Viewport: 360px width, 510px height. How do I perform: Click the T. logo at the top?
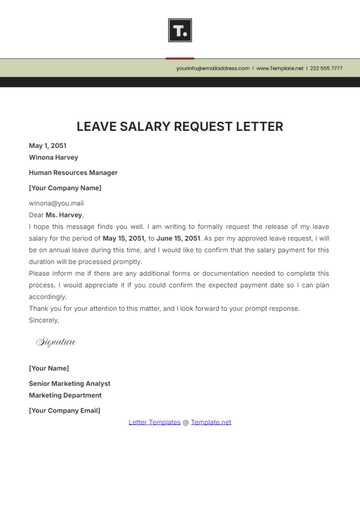click(x=180, y=31)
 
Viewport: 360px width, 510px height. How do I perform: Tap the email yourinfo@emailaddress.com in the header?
click(x=213, y=68)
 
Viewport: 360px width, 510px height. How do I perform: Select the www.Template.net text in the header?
click(x=280, y=68)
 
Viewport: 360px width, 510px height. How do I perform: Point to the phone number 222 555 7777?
click(x=326, y=68)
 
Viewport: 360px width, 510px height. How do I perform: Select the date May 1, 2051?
click(x=48, y=145)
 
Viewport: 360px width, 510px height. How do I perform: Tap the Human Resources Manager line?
click(x=69, y=172)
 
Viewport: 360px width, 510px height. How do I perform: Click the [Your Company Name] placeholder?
click(x=65, y=187)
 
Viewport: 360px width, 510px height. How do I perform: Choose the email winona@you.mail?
click(x=56, y=203)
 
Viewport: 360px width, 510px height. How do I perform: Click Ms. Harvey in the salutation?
click(x=64, y=214)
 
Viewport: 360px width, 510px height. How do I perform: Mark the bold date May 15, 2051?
click(x=124, y=238)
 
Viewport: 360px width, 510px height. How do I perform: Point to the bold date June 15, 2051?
click(x=179, y=238)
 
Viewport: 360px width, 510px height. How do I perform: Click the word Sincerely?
click(x=44, y=320)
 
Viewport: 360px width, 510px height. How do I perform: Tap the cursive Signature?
click(x=56, y=342)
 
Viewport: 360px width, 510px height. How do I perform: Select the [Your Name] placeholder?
click(x=48, y=368)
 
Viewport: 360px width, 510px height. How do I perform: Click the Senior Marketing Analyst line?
click(x=70, y=383)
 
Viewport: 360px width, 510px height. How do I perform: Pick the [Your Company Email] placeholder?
click(x=65, y=409)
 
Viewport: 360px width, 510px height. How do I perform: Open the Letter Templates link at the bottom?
click(x=154, y=422)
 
